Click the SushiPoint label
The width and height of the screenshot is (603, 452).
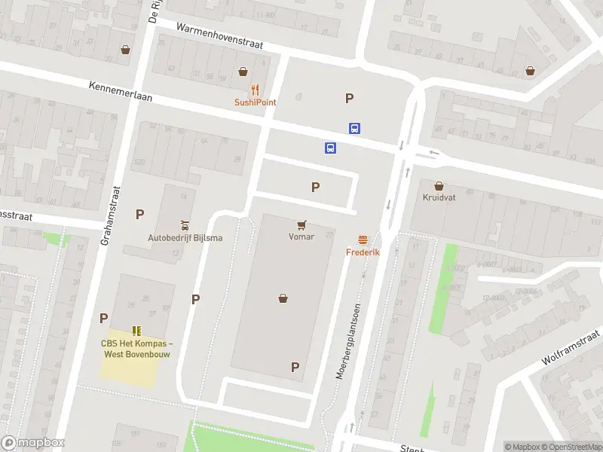(255, 102)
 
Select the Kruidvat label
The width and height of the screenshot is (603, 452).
(439, 198)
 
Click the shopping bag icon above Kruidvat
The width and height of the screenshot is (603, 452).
(439, 185)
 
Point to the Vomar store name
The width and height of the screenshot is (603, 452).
(301, 237)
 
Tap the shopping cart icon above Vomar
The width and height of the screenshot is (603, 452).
(301, 224)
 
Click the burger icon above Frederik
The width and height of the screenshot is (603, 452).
(363, 240)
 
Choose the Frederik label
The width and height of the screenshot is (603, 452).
(363, 252)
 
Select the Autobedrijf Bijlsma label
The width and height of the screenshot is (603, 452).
(185, 239)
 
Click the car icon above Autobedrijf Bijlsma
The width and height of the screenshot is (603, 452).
(185, 226)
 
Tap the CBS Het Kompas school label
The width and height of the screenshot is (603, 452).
(136, 349)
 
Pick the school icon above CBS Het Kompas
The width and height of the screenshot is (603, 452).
(136, 330)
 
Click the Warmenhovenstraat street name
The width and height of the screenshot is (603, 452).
(219, 36)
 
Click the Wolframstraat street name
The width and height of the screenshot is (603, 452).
(571, 347)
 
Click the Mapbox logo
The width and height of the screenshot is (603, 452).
(33, 443)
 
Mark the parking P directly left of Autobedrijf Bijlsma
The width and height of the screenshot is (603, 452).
(139, 215)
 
